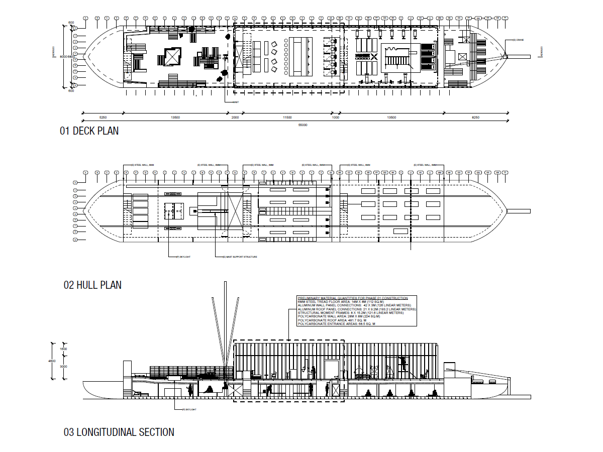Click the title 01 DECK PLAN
[89, 131]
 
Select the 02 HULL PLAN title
[92, 285]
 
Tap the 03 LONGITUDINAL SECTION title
[119, 432]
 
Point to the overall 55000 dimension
[303, 125]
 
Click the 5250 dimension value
[103, 118]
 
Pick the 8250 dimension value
[475, 118]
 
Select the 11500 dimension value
[287, 118]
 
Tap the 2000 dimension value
[235, 118]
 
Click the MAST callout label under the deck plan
[235, 102]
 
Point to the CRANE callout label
[519, 40]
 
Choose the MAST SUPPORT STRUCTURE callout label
[240, 257]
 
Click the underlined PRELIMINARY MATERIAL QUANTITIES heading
[352, 298]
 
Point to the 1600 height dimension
[63, 349]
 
